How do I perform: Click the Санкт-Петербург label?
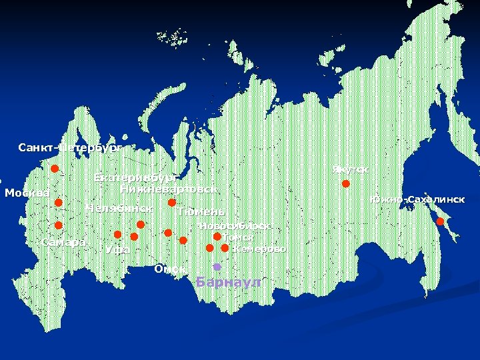[x=71, y=147]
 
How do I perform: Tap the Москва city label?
[x=27, y=193]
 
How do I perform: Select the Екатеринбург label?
[x=135, y=177]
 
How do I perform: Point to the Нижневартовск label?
[x=168, y=189]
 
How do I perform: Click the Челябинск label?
[x=119, y=209]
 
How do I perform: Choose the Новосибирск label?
[x=234, y=226]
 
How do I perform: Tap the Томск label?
[x=238, y=237]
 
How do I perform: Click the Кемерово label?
[x=259, y=249]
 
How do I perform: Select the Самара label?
[x=63, y=241]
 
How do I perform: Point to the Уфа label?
[x=117, y=250]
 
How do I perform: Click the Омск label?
[x=169, y=269]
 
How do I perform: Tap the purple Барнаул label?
[x=229, y=283]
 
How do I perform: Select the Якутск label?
[x=350, y=170]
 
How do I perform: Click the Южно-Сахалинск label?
[x=417, y=200]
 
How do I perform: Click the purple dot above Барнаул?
[x=217, y=267]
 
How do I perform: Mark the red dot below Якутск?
[x=346, y=183]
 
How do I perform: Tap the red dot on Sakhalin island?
[x=440, y=221]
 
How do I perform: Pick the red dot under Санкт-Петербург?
[x=55, y=169]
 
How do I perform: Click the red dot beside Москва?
[x=58, y=203]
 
